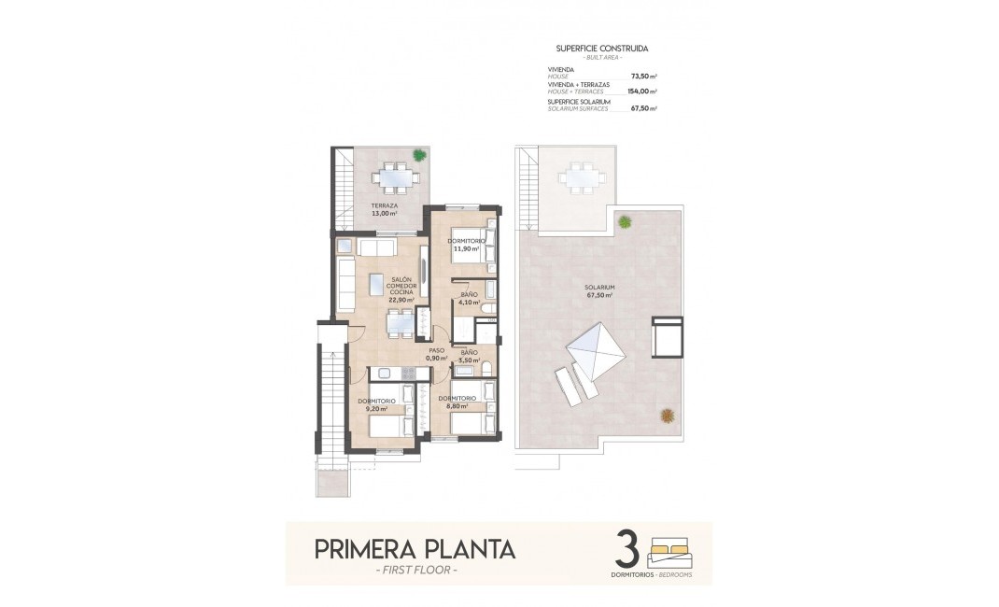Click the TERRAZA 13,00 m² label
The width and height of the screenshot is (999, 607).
point(384,209)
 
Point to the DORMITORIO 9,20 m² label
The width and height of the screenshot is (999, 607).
point(376,403)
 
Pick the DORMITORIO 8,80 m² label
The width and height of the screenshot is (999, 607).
point(457,402)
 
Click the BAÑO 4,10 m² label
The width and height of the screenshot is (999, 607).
point(469,300)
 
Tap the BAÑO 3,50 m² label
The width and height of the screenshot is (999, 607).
point(469,356)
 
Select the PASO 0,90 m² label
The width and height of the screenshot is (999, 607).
point(436,355)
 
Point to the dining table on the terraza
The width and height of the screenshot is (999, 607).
point(391,176)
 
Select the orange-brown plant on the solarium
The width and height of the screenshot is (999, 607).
point(667,415)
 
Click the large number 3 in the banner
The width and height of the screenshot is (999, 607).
point(628,549)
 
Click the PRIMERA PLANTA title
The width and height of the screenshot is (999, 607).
point(415,548)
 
